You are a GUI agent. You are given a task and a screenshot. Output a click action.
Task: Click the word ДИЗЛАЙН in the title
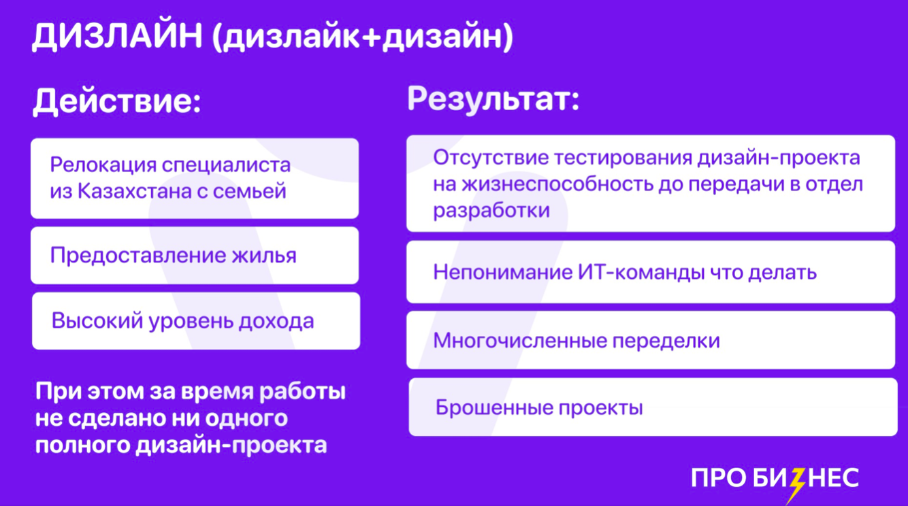(117, 37)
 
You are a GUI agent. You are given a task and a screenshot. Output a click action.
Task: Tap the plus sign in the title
(371, 37)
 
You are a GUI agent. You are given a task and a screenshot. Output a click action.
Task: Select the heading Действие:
(117, 101)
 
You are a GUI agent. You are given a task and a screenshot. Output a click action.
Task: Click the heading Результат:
(493, 100)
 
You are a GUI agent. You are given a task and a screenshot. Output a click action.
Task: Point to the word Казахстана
(135, 191)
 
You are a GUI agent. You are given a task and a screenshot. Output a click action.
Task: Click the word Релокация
(103, 165)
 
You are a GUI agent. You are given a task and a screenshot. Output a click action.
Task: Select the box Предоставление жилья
(195, 255)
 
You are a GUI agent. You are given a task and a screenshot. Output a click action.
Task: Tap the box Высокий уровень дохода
(196, 321)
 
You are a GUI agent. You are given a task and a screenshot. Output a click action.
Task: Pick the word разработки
(491, 211)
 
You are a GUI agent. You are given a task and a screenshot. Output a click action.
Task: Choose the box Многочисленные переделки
(651, 340)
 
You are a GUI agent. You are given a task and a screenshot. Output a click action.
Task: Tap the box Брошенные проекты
(653, 407)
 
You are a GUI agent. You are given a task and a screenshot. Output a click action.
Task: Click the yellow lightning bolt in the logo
(796, 485)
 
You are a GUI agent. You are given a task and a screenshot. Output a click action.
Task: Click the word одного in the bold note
(246, 418)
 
